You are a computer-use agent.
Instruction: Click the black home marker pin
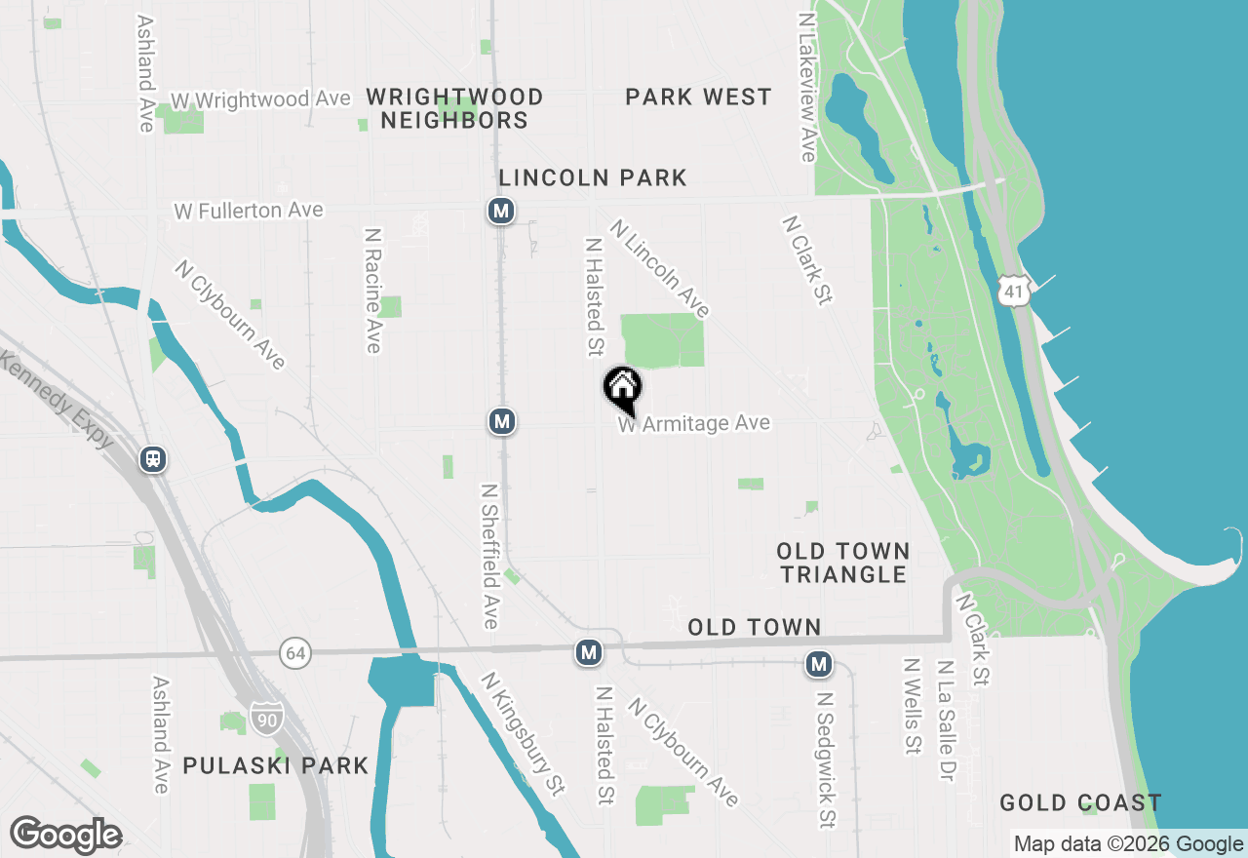pyautogui.click(x=623, y=388)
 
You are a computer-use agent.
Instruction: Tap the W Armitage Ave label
pyautogui.click(x=694, y=424)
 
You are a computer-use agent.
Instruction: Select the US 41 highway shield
pyautogui.click(x=1014, y=291)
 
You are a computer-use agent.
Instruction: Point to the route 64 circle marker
pyautogui.click(x=293, y=652)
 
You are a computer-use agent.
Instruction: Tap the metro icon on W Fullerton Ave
pyautogui.click(x=501, y=211)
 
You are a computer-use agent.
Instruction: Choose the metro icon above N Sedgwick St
pyautogui.click(x=818, y=665)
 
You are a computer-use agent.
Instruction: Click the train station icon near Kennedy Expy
pyautogui.click(x=153, y=458)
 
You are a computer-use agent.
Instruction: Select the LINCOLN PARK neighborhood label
pyautogui.click(x=593, y=177)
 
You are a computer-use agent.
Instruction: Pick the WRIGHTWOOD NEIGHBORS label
pyautogui.click(x=454, y=108)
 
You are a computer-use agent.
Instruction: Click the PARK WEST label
pyautogui.click(x=698, y=97)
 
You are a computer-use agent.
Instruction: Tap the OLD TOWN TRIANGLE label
pyautogui.click(x=843, y=563)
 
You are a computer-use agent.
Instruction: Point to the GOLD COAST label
pyautogui.click(x=1080, y=803)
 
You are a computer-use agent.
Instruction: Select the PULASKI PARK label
pyautogui.click(x=276, y=765)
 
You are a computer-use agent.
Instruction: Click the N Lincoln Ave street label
pyautogui.click(x=659, y=268)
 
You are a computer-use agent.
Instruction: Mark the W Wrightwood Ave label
pyautogui.click(x=260, y=100)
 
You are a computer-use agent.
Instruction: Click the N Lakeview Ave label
pyautogui.click(x=806, y=87)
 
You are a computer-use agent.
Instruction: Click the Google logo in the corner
pyautogui.click(x=65, y=836)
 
